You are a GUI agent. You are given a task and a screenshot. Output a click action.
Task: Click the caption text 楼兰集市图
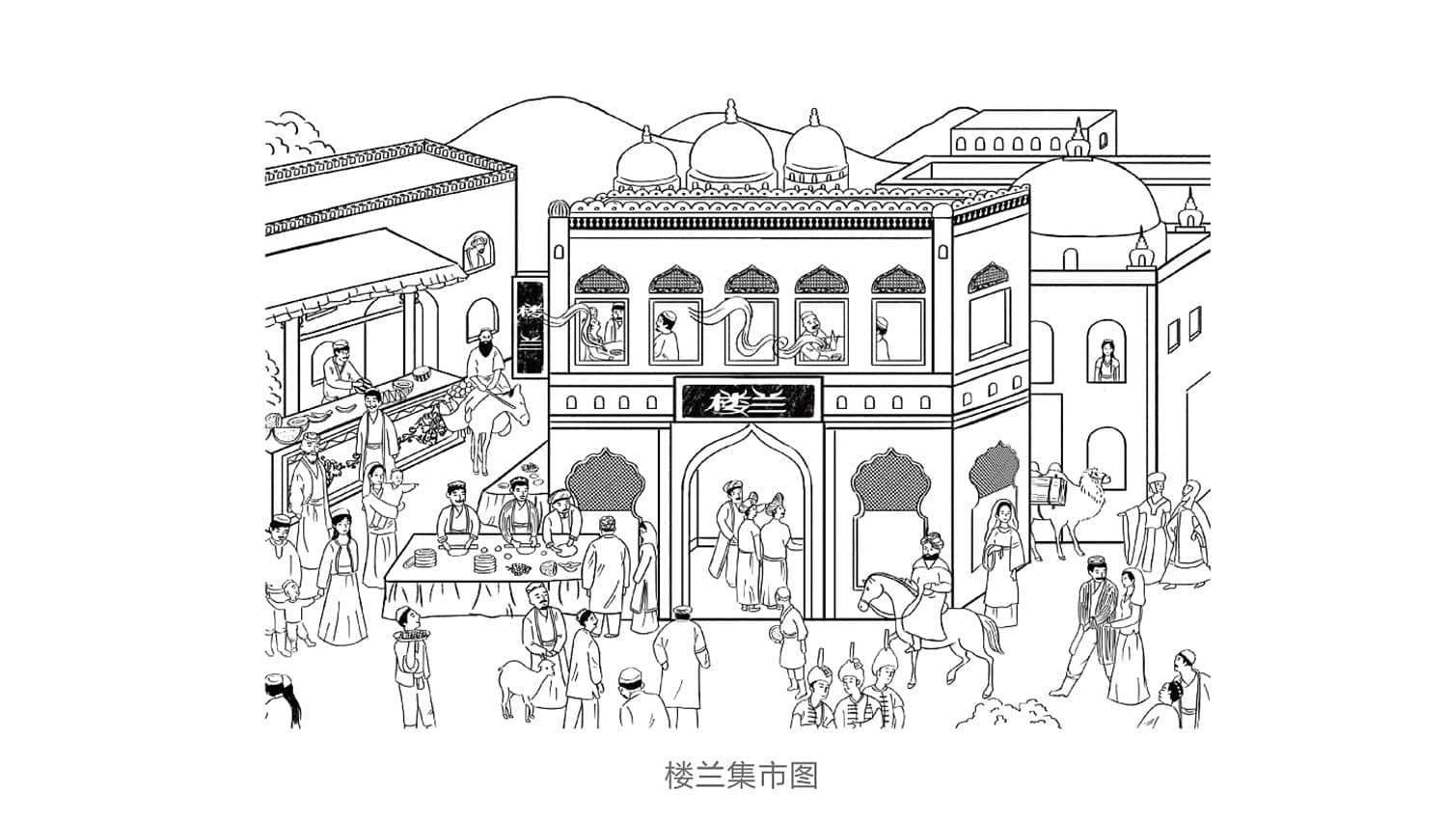click(x=741, y=776)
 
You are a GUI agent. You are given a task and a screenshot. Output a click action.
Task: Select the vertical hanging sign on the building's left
click(x=529, y=327)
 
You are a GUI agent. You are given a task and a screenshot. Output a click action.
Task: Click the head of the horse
click(x=872, y=592)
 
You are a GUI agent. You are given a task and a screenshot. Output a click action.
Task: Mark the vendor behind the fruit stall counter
click(x=340, y=372)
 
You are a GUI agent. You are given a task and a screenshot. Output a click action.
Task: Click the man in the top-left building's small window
click(x=478, y=251)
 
